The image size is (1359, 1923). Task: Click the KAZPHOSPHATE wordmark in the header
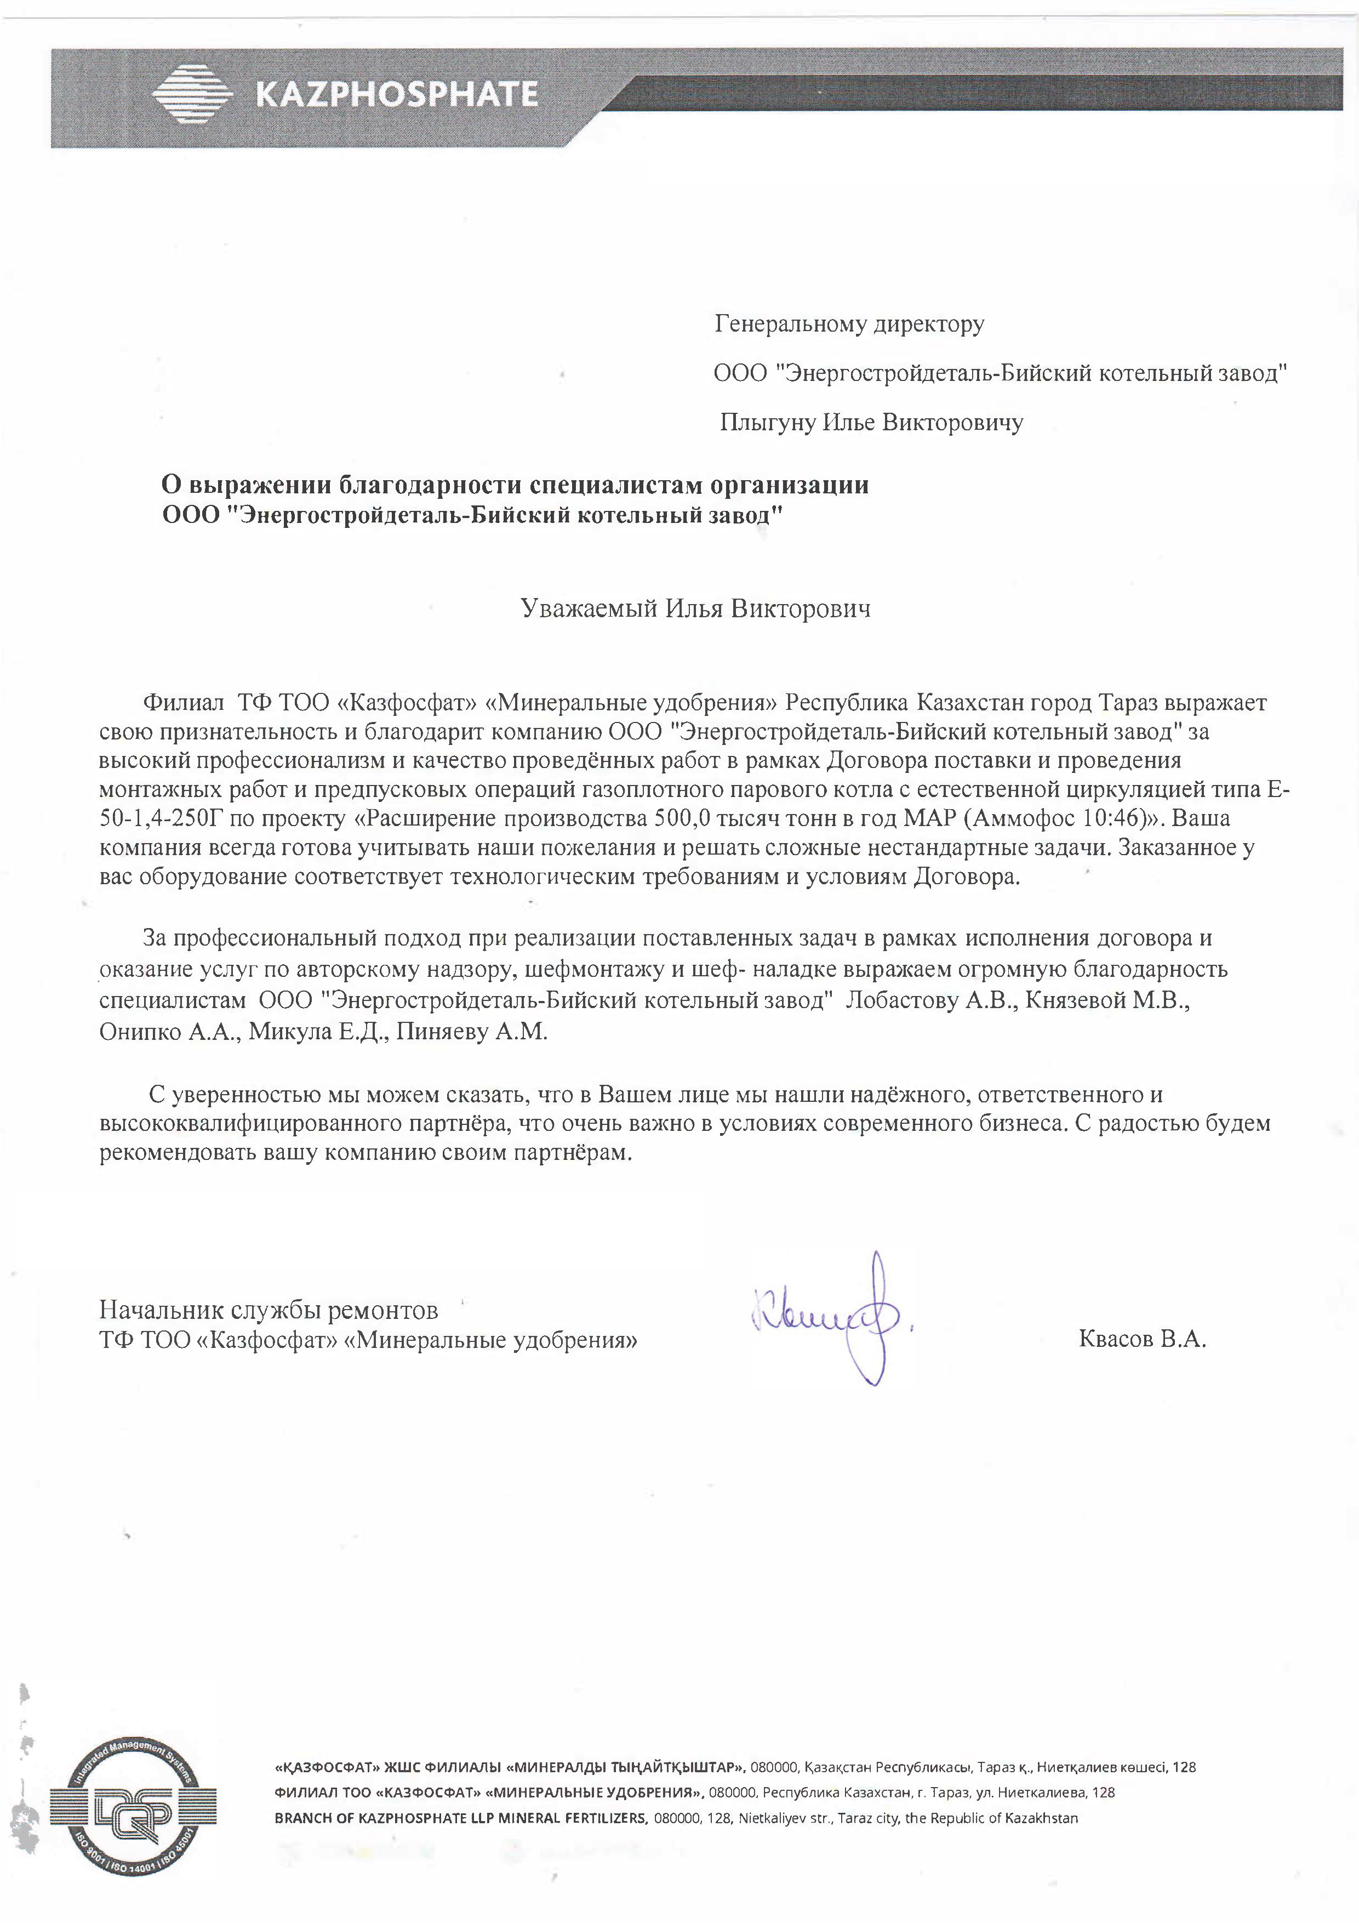coord(395,95)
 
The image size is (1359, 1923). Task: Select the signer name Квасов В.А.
coord(1142,1339)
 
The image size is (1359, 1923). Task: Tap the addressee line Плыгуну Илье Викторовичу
coord(871,423)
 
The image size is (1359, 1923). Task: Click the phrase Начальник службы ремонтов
coord(268,1309)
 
